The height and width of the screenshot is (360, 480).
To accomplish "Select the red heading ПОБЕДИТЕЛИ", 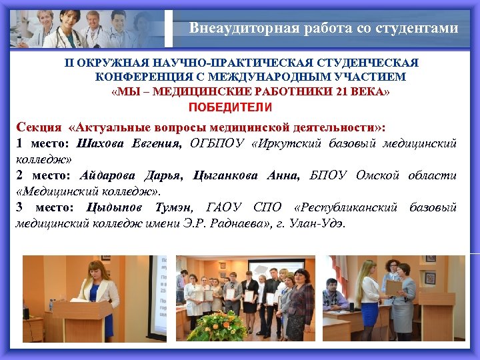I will point(230,107).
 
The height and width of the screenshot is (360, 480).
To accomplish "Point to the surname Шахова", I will point(100,143).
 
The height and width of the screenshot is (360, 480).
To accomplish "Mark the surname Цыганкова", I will point(227,176).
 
